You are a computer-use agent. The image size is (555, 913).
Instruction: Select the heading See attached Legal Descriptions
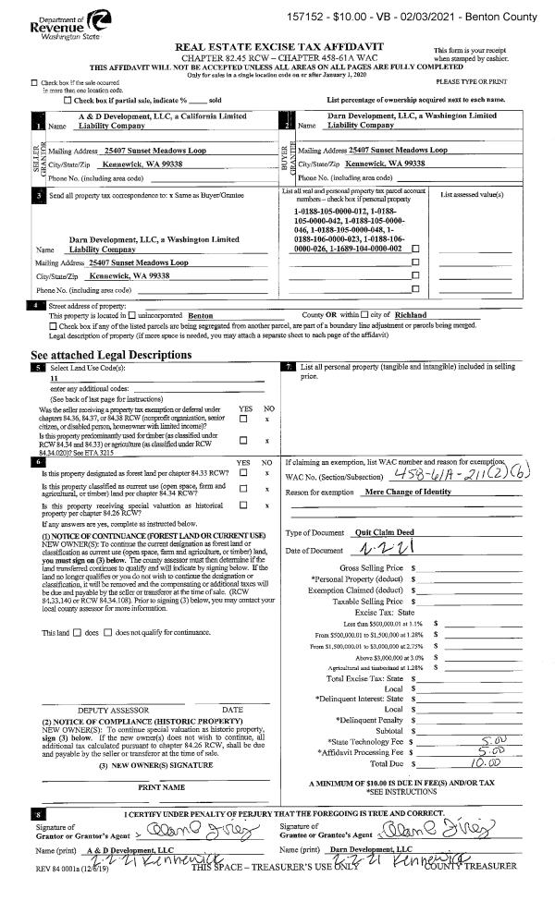pyautogui.click(x=111, y=355)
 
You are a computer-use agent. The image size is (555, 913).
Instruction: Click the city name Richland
pyautogui.click(x=429, y=315)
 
